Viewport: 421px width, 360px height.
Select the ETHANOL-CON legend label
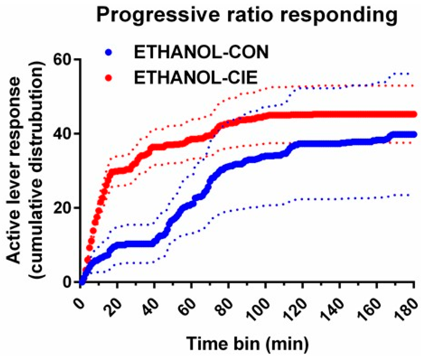coord(201,52)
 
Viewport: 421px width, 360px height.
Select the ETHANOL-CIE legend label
coord(196,77)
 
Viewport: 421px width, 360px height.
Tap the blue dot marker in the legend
coord(109,52)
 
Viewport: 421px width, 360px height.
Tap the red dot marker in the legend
coord(109,78)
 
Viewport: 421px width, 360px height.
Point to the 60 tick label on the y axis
coord(63,60)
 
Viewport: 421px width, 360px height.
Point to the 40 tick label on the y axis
coord(63,134)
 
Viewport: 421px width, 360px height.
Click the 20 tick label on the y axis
coord(63,208)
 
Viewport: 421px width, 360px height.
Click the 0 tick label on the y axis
coord(68,282)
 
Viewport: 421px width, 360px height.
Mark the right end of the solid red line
coord(414,114)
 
